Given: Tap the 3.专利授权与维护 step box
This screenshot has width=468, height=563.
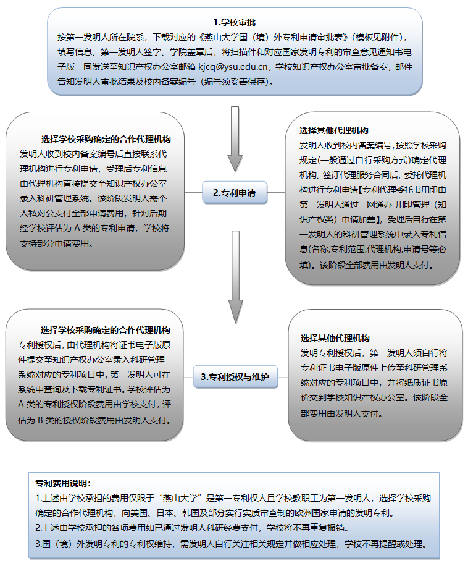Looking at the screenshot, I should [x=235, y=376].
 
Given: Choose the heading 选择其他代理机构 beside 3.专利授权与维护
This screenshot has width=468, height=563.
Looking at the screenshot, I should [x=335, y=338].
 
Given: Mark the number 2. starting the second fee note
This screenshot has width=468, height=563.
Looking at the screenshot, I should [x=39, y=528].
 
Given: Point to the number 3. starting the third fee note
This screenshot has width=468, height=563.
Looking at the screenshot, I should [x=39, y=544].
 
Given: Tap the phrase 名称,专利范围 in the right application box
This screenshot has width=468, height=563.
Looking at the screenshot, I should [x=337, y=250].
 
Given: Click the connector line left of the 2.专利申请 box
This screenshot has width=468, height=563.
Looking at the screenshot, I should [x=193, y=192].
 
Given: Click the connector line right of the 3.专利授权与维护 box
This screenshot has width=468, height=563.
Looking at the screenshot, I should [x=283, y=376].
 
